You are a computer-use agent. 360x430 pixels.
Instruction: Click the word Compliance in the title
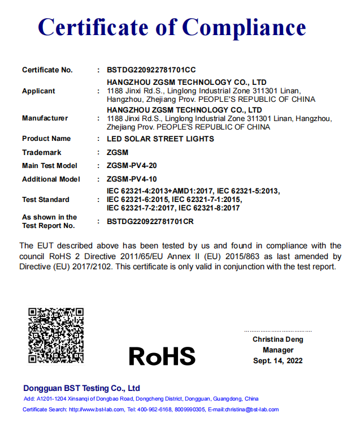[x=245, y=27]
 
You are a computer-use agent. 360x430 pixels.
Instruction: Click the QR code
[x=56, y=335]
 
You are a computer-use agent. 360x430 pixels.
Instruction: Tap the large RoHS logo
[x=162, y=356]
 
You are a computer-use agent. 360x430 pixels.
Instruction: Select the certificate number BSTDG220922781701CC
[x=151, y=70]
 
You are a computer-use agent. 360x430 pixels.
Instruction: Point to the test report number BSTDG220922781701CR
[x=150, y=221]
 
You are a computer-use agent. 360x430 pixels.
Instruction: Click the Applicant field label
[x=38, y=91]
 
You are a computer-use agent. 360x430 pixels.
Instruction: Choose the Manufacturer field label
[x=45, y=118]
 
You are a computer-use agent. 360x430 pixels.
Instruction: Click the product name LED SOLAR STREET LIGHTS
[x=161, y=139]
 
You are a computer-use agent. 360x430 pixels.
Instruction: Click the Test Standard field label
[x=46, y=200]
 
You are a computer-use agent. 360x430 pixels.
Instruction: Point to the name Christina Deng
[x=278, y=339]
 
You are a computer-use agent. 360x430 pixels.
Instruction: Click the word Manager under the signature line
[x=278, y=350]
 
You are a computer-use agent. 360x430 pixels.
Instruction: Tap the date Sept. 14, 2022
[x=278, y=361]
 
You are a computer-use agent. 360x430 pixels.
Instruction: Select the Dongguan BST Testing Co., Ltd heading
[x=81, y=388]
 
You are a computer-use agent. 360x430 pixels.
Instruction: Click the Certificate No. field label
[x=47, y=70]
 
